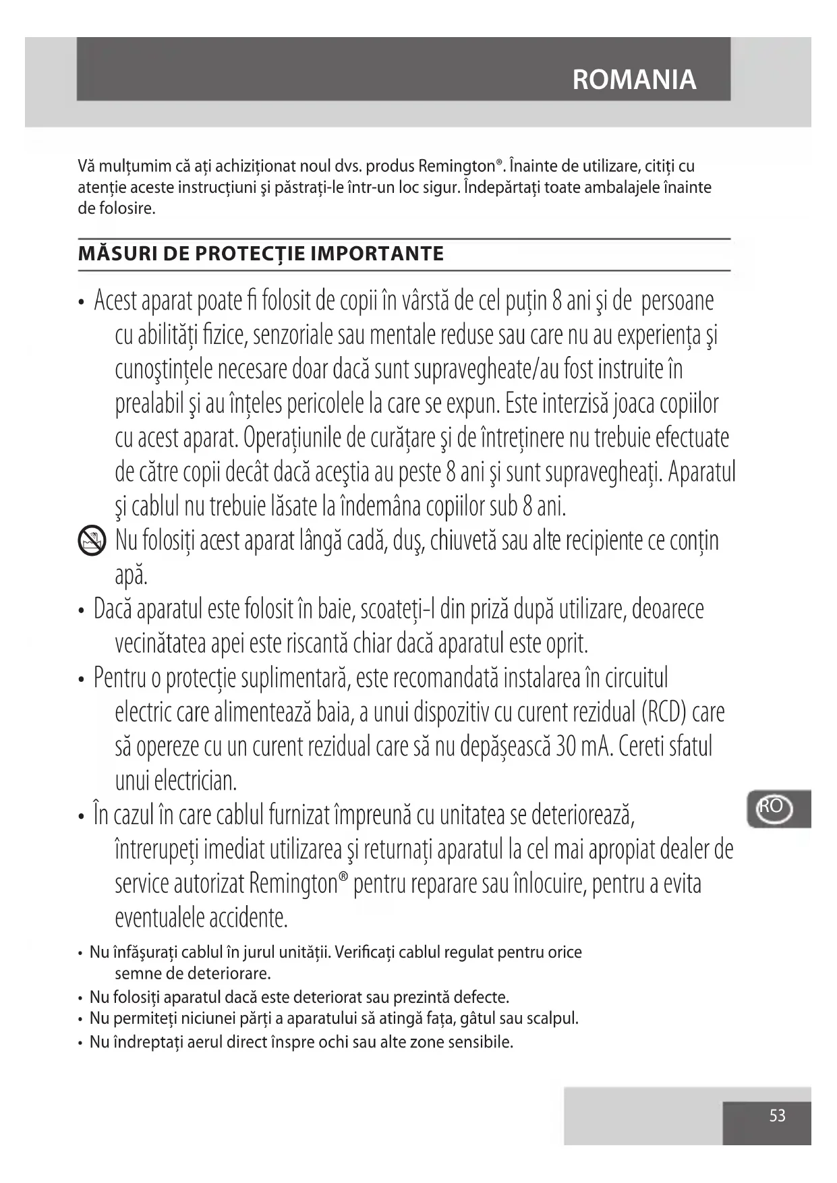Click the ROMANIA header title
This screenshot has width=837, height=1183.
click(x=633, y=80)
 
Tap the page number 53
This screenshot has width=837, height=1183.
click(x=777, y=1116)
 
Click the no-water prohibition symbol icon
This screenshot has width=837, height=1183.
click(x=92, y=541)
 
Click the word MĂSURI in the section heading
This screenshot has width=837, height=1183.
click(x=113, y=254)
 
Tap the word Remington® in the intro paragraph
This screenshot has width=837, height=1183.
click(x=461, y=166)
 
